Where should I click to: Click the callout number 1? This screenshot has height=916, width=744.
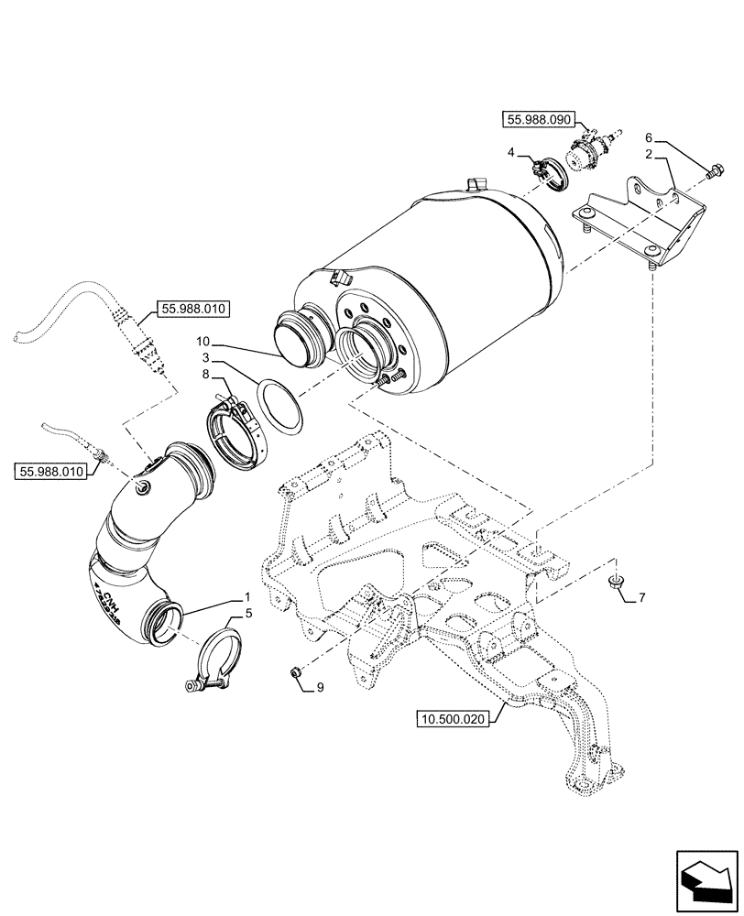246,596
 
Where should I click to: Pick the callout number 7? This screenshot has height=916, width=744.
641,598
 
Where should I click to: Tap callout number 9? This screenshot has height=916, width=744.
320,686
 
